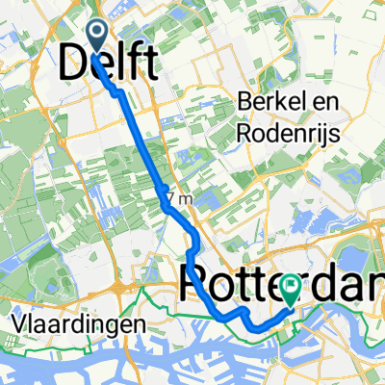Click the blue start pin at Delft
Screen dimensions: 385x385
[x=99, y=35]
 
